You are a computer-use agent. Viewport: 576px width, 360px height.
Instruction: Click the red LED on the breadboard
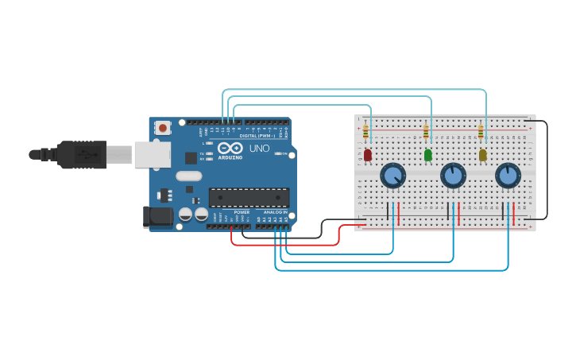tap(368, 155)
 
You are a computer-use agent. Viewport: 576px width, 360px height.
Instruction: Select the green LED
tap(428, 155)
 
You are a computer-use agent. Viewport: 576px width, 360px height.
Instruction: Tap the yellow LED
tap(482, 155)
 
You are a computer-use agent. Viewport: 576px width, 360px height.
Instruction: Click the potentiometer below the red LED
tap(393, 175)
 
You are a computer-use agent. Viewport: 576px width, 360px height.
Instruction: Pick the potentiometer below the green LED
tap(453, 175)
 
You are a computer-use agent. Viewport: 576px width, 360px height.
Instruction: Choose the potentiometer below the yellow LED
tap(508, 175)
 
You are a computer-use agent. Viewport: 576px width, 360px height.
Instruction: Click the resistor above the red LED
tap(365, 131)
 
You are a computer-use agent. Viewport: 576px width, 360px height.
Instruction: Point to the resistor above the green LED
tap(426, 131)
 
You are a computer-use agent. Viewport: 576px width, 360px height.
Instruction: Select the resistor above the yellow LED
tap(481, 131)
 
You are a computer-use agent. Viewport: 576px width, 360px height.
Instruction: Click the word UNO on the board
tap(260, 149)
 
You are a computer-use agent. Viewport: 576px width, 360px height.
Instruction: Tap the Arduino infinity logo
tap(230, 148)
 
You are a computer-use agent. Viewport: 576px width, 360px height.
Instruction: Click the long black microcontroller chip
tap(249, 197)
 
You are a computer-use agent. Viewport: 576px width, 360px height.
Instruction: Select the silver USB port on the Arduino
tap(152, 154)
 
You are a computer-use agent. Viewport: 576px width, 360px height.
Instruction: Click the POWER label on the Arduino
tap(242, 212)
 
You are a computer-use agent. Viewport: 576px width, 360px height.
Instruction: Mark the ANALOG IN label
tap(275, 212)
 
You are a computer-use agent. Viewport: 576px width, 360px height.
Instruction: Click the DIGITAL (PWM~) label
tap(254, 136)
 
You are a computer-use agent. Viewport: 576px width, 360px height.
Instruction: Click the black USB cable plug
tap(79, 154)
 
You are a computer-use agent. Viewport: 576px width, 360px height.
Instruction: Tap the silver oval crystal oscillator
tap(189, 176)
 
